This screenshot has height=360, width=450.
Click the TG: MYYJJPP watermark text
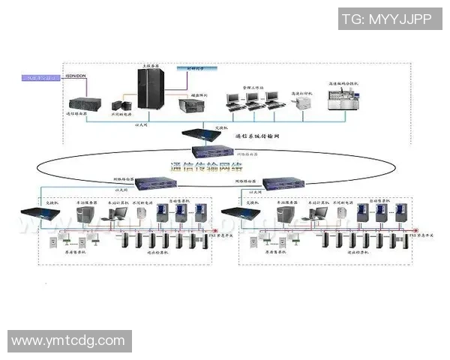pyautogui.click(x=386, y=20)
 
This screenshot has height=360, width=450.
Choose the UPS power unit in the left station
pyautogui.click(x=140, y=213)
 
